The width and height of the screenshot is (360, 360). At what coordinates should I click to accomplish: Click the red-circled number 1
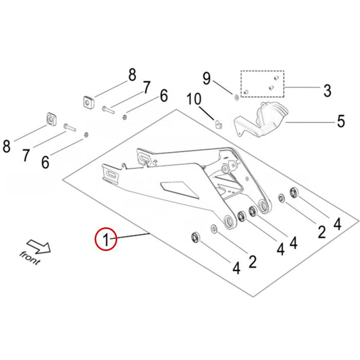tap(106, 239)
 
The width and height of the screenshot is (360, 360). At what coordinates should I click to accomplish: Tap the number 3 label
tap(327, 91)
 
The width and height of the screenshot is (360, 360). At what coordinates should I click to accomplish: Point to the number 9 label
tap(206, 79)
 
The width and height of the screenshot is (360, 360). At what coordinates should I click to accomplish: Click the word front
tap(30, 257)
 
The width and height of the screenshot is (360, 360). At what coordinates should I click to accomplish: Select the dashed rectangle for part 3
tap(262, 84)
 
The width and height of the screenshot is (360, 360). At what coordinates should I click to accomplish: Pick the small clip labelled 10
tap(218, 124)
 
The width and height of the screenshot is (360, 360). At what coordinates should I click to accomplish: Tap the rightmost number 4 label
tap(337, 224)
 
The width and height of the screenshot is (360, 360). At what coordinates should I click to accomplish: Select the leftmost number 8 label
tap(7, 147)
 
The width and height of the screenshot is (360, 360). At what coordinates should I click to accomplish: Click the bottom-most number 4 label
tap(236, 268)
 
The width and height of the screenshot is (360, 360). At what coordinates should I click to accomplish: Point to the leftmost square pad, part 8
tap(51, 118)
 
